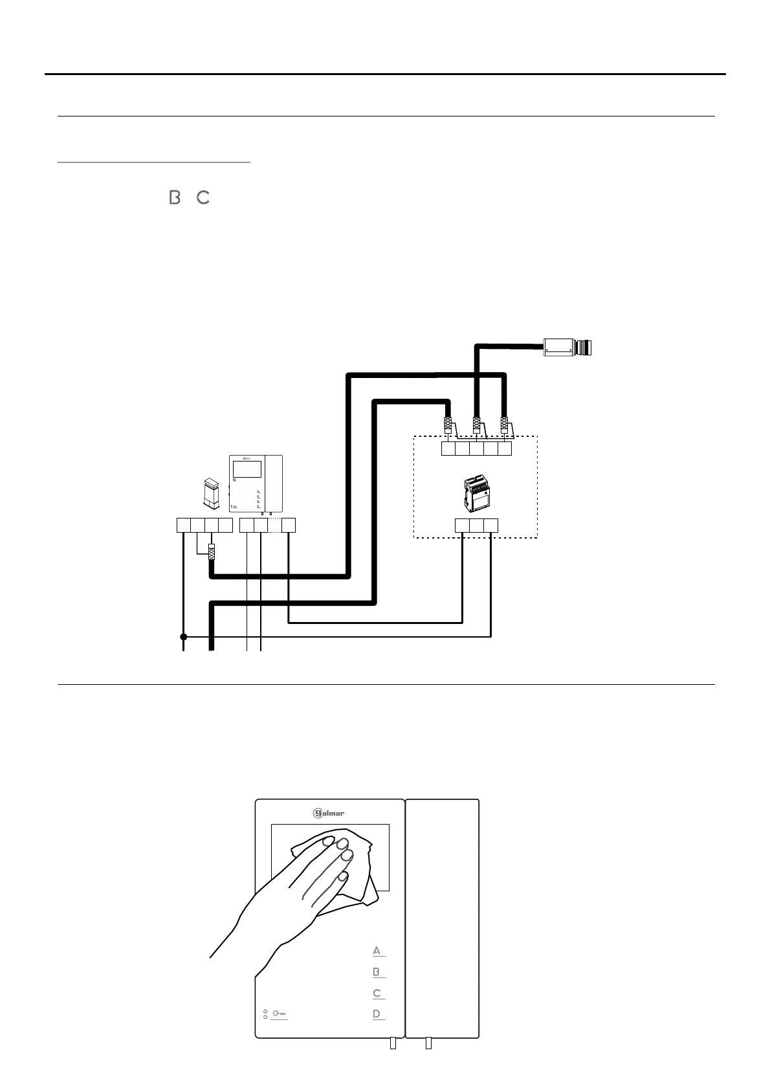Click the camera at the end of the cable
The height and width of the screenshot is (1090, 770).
tap(567, 348)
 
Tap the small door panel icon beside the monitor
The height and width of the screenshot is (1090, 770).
tap(211, 492)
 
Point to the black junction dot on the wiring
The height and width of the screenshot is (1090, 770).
tap(183, 637)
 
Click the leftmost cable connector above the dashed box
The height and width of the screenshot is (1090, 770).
tap(448, 426)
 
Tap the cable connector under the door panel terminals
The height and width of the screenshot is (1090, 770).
tap(212, 552)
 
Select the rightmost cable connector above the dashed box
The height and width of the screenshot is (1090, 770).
tap(504, 426)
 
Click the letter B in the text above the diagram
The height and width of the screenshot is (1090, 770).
tap(174, 197)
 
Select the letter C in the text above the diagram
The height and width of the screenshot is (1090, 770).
tap(203, 197)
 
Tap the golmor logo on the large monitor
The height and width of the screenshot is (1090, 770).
tap(329, 813)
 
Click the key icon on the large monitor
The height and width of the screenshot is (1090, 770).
tap(280, 1014)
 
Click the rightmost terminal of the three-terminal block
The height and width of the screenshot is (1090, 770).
tap(491, 525)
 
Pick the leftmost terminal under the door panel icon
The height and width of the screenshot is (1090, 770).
tap(184, 525)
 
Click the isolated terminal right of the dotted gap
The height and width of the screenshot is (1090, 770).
tap(289, 525)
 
